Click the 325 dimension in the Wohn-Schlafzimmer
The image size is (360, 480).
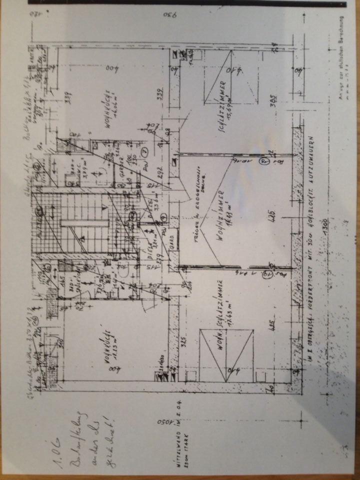pyautogui.click(x=169, y=344)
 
